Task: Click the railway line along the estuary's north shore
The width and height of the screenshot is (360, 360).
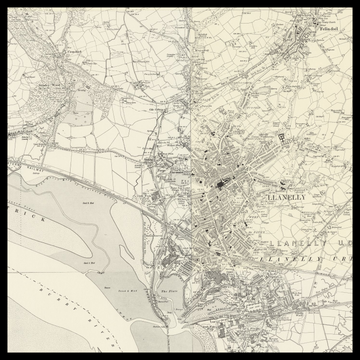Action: click(x=90, y=179)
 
